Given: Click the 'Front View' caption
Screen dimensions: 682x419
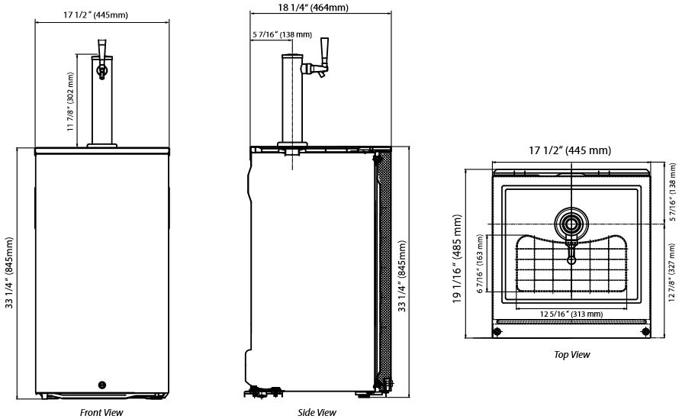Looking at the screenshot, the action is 101,412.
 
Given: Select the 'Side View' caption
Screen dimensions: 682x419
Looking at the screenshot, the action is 317,412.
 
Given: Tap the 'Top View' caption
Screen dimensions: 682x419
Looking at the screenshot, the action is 571,355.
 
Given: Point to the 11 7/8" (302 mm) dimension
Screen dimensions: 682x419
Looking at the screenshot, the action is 70,102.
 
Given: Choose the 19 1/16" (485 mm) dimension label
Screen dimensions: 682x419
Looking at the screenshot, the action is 457,259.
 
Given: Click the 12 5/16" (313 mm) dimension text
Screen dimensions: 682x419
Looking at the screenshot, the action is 571,314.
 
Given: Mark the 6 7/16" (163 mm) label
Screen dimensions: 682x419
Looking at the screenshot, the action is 480,263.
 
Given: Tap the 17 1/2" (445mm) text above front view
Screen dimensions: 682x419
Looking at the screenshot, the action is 95,15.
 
